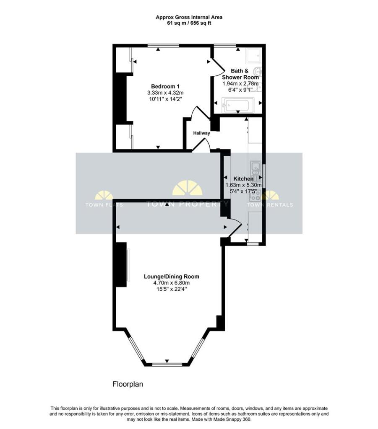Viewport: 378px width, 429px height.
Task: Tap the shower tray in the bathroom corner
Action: click(253, 56)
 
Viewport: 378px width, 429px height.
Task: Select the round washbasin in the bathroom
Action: click(258, 72)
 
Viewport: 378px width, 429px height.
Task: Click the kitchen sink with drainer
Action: click(255, 168)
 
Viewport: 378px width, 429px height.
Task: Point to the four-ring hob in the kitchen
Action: click(255, 195)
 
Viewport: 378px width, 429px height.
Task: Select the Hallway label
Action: click(201, 133)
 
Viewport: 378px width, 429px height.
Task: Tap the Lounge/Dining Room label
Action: click(171, 277)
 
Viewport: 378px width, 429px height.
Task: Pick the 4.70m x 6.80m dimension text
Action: click(171, 283)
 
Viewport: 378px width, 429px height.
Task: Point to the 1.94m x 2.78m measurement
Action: click(240, 84)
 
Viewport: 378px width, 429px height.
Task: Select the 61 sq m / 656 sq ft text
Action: click(189, 23)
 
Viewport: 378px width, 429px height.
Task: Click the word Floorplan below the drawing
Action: click(128, 384)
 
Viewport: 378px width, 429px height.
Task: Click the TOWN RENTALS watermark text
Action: click(270, 205)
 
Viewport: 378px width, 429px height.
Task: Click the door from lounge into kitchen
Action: click(234, 227)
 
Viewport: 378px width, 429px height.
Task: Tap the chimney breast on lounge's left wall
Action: click(121, 265)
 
